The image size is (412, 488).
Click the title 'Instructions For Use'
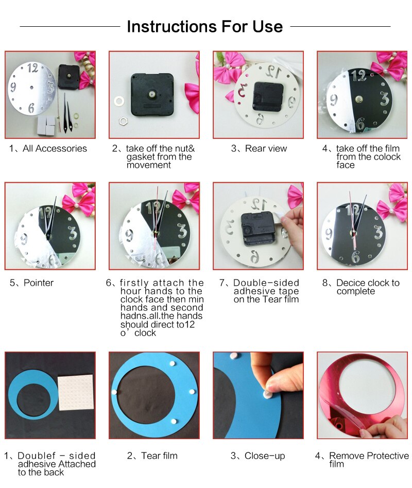(204, 26)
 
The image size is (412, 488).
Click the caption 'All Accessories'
(55, 149)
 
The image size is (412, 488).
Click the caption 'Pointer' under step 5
(38, 283)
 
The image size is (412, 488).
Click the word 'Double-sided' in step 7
(266, 283)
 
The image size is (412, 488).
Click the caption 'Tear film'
(159, 456)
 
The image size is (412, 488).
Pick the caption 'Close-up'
(265, 456)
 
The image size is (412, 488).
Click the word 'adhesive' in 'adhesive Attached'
(37, 464)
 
